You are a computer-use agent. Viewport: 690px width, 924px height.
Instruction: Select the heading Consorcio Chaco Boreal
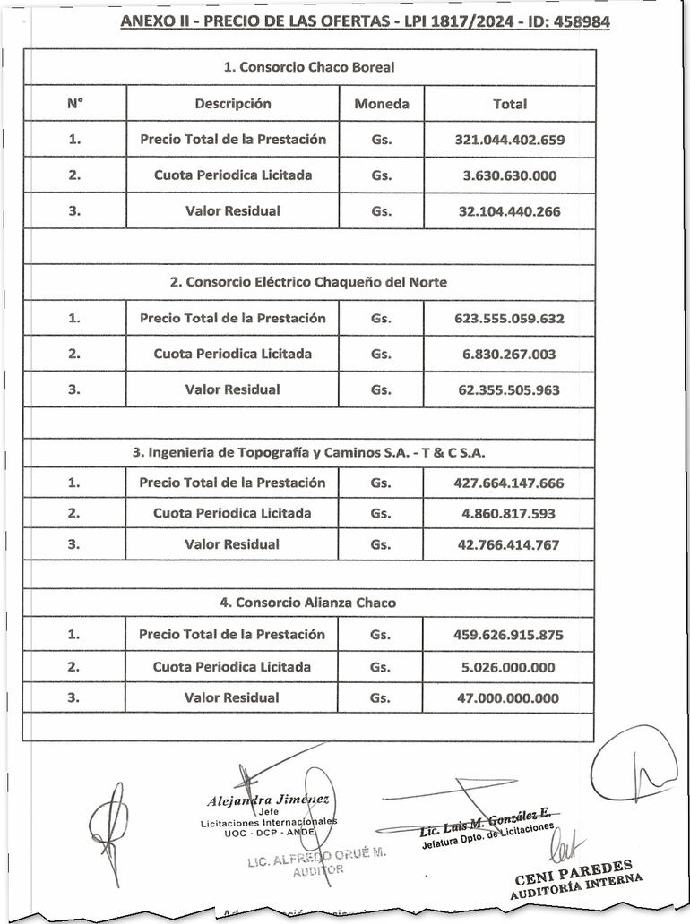pyautogui.click(x=308, y=67)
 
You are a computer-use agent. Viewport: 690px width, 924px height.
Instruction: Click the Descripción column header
pyautogui.click(x=233, y=104)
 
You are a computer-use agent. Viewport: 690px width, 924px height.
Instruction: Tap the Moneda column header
pyautogui.click(x=382, y=104)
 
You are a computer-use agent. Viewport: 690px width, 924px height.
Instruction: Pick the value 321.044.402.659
pyautogui.click(x=509, y=140)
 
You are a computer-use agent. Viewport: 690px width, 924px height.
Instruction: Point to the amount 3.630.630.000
pyautogui.click(x=509, y=175)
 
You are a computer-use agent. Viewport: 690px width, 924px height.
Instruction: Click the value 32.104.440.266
pyautogui.click(x=509, y=211)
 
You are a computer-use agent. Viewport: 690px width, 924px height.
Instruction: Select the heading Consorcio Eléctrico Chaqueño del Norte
pyautogui.click(x=308, y=282)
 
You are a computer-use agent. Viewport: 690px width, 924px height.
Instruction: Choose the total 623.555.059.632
pyautogui.click(x=509, y=319)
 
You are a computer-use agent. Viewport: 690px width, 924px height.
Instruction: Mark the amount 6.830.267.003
pyautogui.click(x=509, y=355)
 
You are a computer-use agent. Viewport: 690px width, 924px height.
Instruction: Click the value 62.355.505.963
pyautogui.click(x=509, y=390)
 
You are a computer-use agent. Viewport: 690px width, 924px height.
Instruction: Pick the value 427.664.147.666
pyautogui.click(x=509, y=483)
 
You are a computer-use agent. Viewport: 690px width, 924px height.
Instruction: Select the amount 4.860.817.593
pyautogui.click(x=509, y=514)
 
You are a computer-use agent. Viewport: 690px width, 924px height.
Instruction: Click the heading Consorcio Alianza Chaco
pyautogui.click(x=308, y=603)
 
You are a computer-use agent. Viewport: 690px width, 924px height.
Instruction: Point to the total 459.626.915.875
pyautogui.click(x=509, y=635)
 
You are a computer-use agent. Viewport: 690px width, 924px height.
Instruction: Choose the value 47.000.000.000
pyautogui.click(x=509, y=698)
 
